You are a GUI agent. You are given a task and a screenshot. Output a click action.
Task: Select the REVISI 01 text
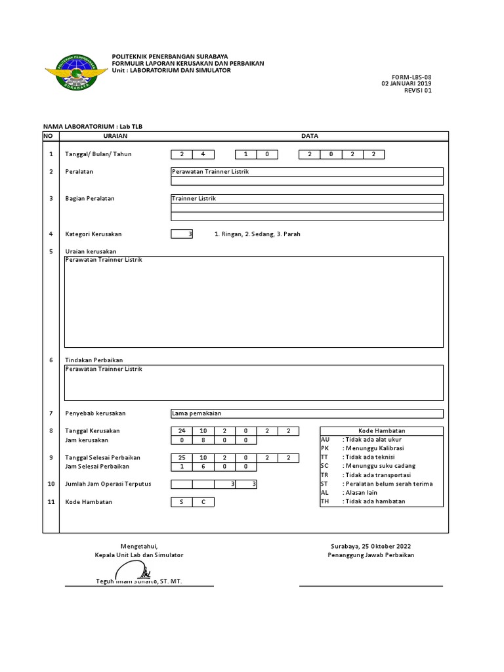419,91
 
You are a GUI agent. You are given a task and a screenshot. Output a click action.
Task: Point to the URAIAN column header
115,135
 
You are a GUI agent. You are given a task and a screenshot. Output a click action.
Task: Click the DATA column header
309,135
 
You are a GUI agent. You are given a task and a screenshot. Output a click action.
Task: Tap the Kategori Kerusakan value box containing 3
182,234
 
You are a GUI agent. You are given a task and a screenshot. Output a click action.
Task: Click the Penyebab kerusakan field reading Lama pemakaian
306,413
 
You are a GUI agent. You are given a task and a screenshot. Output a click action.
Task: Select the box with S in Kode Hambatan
182,502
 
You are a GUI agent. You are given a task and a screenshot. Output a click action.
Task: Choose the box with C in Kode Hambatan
203,502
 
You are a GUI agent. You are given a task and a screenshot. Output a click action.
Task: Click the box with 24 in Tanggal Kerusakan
182,430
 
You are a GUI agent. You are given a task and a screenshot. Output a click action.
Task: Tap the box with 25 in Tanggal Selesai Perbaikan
182,457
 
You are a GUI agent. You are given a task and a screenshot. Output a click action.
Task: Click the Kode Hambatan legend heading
381,430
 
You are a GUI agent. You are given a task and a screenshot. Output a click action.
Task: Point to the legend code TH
325,501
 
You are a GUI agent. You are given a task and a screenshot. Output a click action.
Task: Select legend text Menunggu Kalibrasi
373,448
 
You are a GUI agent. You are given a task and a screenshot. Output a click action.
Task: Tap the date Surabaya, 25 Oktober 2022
371,546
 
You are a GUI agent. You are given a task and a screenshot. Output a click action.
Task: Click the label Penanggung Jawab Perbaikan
371,555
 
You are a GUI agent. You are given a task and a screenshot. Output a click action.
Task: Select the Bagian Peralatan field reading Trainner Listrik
306,198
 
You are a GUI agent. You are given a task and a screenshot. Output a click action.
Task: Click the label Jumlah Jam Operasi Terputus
108,484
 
